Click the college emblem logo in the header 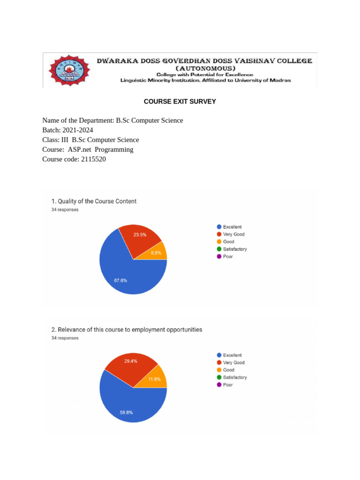pos(69,71)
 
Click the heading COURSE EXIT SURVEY pos(180,101)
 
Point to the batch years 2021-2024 pos(80,130)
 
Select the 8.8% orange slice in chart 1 pos(157,252)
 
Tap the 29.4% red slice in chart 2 pos(131,364)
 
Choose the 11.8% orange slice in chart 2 pos(156,379)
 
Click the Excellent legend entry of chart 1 pos(232,227)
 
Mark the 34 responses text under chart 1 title pos(65,210)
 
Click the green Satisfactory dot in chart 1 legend pos(219,249)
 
